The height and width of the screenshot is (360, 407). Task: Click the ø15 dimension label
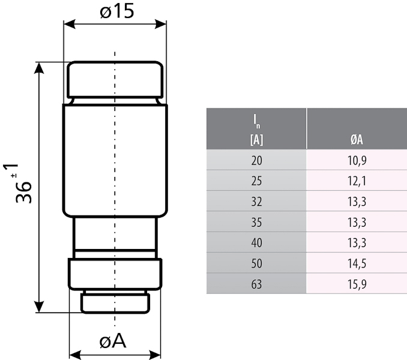117,12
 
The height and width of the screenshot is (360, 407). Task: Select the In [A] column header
256,129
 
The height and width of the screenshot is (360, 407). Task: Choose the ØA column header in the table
357,140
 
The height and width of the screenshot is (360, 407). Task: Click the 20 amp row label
256,160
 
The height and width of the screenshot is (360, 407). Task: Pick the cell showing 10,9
357,160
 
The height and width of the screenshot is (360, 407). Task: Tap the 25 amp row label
256,179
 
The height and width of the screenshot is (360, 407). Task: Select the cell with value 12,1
357,179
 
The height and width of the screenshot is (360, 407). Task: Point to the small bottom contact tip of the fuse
115,302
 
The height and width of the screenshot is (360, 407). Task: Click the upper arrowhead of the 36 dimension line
40,67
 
